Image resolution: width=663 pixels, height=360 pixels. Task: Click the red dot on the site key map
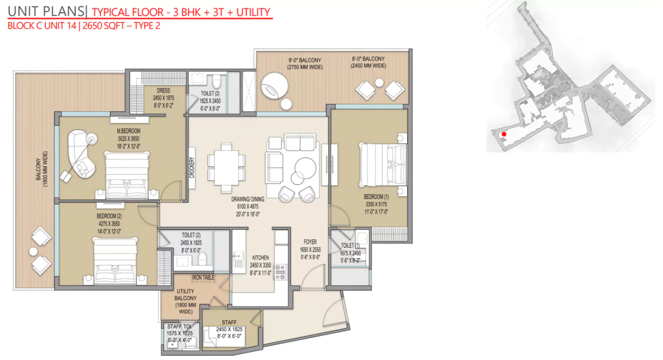504,134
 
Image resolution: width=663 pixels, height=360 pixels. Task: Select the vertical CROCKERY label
192,167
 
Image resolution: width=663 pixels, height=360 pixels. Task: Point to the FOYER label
310,242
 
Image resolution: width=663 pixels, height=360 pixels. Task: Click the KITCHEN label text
260,258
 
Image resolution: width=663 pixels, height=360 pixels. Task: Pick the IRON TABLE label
203,278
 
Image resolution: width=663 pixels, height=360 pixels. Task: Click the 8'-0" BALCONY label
368,59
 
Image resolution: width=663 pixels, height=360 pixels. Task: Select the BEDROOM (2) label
109,216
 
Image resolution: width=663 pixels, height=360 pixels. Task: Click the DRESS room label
163,90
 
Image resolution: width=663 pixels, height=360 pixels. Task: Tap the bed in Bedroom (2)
115,261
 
